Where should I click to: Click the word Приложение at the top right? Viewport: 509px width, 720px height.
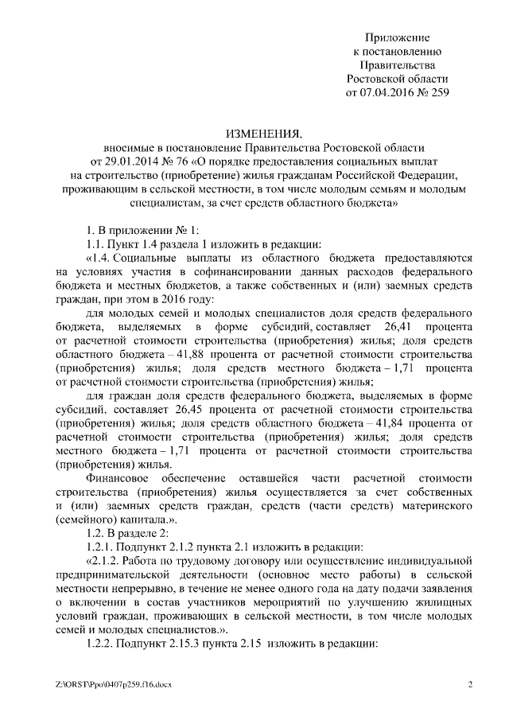click(398, 38)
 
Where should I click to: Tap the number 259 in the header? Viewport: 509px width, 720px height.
click(439, 92)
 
